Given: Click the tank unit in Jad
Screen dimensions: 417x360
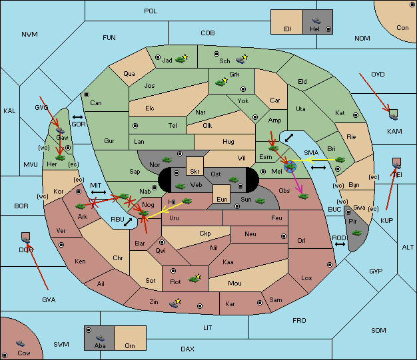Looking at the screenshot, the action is pos(180,59).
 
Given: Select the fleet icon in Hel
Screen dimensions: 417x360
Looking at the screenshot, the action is pos(316,21).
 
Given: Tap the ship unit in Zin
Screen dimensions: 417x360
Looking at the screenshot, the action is pos(174,303).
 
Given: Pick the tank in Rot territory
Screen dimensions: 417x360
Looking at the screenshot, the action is pos(193,279).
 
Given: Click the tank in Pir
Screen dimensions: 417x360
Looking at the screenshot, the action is pos(356,233).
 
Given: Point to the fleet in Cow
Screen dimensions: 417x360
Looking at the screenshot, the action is pos(20,343).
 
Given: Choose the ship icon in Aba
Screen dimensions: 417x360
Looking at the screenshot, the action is pos(100,338).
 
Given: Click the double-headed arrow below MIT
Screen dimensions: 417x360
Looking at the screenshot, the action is pos(99,192).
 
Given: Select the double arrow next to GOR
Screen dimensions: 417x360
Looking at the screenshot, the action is pos(77,117).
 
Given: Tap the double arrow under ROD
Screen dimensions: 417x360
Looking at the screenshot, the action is pos(340,244).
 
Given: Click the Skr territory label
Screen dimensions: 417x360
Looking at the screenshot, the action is pos(195,172).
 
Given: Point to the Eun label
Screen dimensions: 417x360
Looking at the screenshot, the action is pos(222,199).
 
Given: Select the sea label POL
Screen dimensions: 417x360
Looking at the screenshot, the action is pos(151,11).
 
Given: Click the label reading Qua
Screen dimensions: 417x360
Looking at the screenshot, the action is pos(129,74).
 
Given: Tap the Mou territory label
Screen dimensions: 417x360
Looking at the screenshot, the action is pos(234,283).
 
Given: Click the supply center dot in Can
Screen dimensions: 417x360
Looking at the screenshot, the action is pos(87,94).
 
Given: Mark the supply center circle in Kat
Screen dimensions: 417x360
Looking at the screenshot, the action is pos(356,115).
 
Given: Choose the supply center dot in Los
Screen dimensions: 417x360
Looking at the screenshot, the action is pos(330,265).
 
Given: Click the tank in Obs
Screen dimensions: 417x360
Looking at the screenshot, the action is pos(303,196).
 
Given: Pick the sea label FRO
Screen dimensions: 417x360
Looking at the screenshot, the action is pos(299,321).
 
